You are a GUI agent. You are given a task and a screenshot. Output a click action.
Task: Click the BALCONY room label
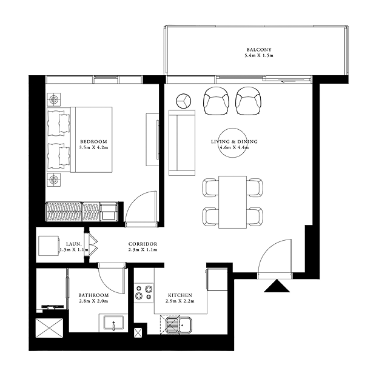(x=259, y=50)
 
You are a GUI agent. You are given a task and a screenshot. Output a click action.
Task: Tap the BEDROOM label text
(x=93, y=142)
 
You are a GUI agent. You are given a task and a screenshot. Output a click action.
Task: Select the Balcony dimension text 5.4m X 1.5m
(x=259, y=56)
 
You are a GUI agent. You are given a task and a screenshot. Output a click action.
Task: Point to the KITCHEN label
(x=180, y=295)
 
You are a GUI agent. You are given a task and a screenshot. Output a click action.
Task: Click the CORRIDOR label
(x=143, y=244)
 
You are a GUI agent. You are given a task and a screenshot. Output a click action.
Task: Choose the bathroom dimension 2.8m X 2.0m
(x=93, y=301)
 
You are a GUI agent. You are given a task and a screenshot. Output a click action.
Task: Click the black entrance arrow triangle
(x=277, y=286)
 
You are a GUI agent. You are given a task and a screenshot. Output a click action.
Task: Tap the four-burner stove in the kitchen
(x=144, y=293)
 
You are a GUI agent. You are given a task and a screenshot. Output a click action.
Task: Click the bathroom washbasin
(x=113, y=323)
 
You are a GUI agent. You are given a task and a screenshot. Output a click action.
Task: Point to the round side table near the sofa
(x=183, y=101)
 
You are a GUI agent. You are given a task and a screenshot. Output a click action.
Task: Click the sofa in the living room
(x=182, y=143)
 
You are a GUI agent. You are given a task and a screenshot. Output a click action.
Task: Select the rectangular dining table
(x=233, y=202)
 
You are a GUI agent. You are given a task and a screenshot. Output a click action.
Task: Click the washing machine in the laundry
(x=49, y=246)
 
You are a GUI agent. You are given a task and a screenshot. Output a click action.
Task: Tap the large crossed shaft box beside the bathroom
(x=49, y=328)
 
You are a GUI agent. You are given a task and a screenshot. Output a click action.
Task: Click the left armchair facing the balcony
(x=216, y=101)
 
